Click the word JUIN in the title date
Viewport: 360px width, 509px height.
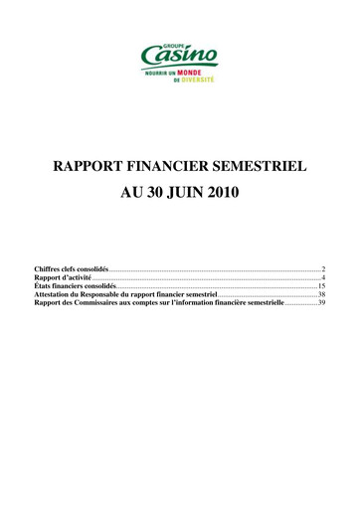pyautogui.click(x=188, y=193)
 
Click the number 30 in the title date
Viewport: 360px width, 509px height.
pyautogui.click(x=156, y=193)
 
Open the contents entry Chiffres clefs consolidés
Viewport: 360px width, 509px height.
pyautogui.click(x=71, y=269)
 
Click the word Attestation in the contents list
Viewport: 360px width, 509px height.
pyautogui.click(x=55, y=296)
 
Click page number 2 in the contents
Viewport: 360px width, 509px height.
pyautogui.click(x=323, y=269)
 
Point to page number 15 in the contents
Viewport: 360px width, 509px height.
pyautogui.click(x=321, y=287)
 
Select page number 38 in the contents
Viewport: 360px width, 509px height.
pyautogui.click(x=321, y=296)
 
